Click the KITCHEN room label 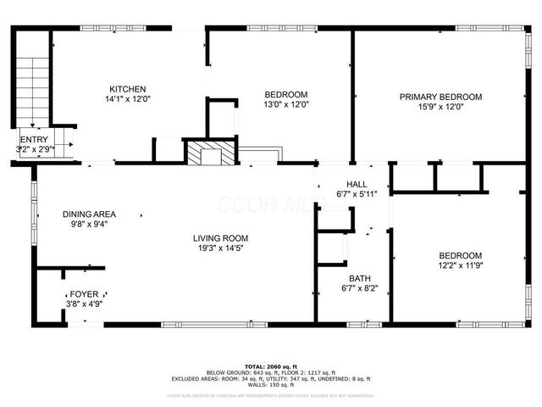[x=128, y=89]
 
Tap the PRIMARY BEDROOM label [x=440, y=98]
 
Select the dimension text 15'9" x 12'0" [x=440, y=108]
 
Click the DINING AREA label [x=89, y=214]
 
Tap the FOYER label [x=84, y=293]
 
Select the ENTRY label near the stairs [x=34, y=140]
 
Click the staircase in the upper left [x=32, y=88]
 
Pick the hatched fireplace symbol [x=204, y=154]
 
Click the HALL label [x=357, y=184]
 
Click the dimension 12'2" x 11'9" [x=460, y=266]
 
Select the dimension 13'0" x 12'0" [x=286, y=105]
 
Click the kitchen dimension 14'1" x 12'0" [x=128, y=99]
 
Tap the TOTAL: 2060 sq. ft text [x=270, y=365]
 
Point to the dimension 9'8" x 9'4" [x=89, y=225]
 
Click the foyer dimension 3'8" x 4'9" [x=84, y=304]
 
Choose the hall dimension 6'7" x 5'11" [x=357, y=194]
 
